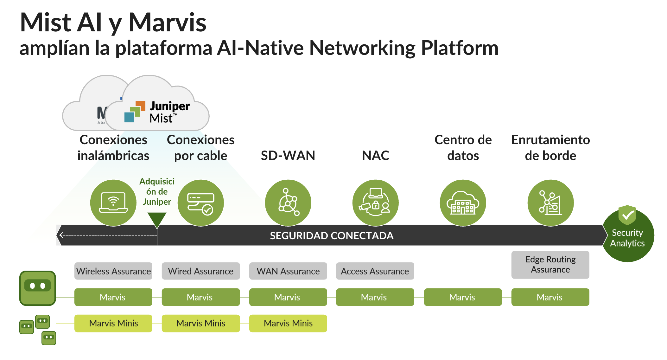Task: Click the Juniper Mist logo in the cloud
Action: coord(157,112)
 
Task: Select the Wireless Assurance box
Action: coord(113,271)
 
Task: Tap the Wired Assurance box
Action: coord(201,271)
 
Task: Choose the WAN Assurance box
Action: coord(288,271)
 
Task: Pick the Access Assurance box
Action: coord(375,271)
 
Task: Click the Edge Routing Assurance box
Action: coord(550,265)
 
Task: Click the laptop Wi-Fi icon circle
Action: coord(113,203)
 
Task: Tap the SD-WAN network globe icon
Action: coord(288,203)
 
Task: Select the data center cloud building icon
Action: coord(463,203)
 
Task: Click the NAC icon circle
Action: coord(375,203)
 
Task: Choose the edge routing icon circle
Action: coord(550,203)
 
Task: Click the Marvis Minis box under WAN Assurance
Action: coord(288,323)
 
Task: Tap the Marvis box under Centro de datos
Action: coord(462,297)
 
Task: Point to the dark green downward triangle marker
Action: coord(157,219)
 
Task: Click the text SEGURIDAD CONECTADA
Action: coord(332,235)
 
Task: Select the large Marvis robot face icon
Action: coord(38,288)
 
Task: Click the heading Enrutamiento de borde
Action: coord(550,148)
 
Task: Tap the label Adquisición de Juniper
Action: coord(157,191)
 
